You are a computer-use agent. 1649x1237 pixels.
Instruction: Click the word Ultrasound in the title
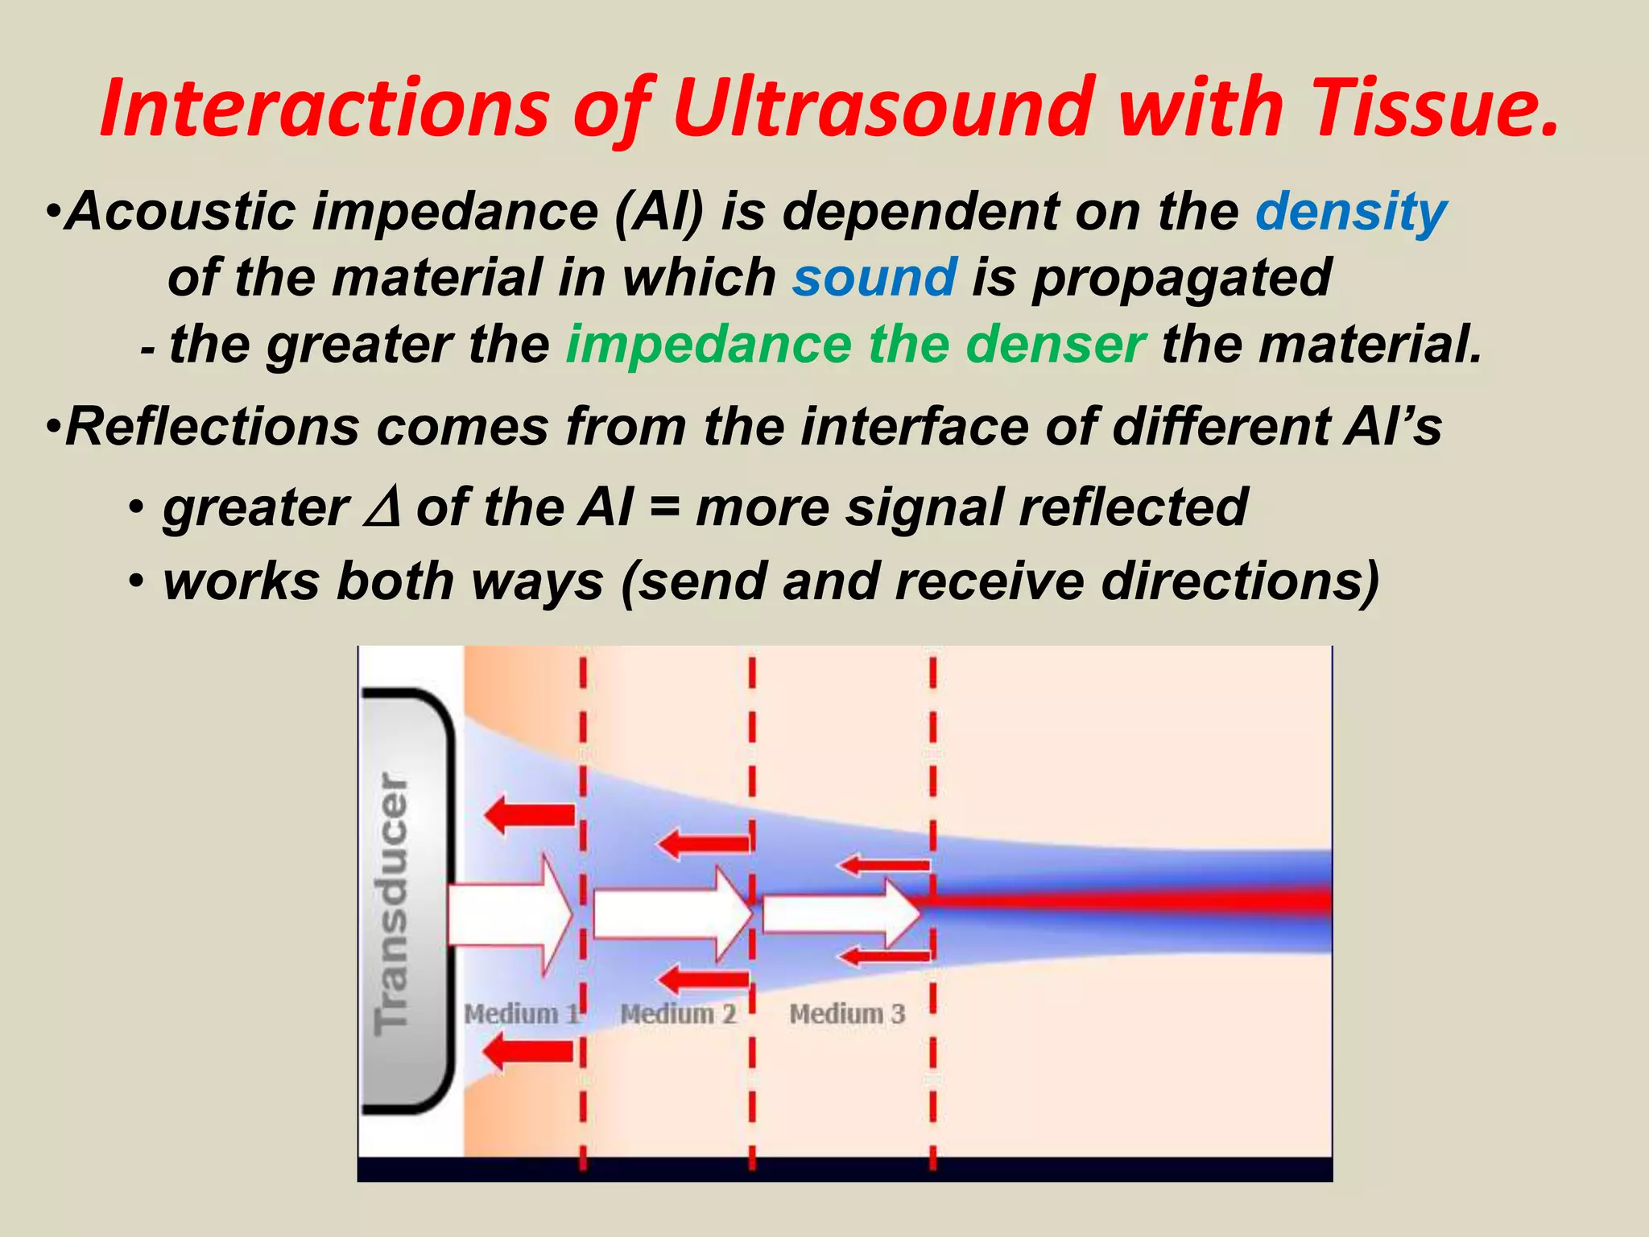pos(886,107)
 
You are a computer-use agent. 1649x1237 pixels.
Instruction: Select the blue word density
pos(1350,213)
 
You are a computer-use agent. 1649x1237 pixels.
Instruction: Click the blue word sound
pos(874,277)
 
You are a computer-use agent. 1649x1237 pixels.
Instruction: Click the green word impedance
pos(708,345)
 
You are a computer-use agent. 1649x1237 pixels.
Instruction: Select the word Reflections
pos(213,427)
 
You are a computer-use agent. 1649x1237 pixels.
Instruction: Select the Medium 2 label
pos(678,1013)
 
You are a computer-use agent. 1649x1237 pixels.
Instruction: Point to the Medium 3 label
pos(847,1013)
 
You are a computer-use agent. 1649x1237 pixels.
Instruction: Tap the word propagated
pos(1181,279)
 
